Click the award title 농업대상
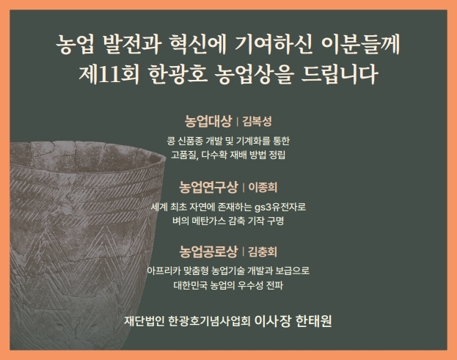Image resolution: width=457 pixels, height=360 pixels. (x=208, y=121)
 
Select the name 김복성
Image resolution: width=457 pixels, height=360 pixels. (x=257, y=122)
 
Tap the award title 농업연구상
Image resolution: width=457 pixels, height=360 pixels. (x=208, y=187)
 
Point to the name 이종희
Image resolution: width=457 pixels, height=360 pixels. (x=263, y=187)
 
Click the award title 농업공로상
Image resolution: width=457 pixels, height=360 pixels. (x=208, y=251)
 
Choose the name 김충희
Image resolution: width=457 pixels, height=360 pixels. (x=263, y=252)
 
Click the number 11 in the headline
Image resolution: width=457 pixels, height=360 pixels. (x=109, y=75)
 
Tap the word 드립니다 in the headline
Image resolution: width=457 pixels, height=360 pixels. (x=340, y=74)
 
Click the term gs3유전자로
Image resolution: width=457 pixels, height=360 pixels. (x=280, y=207)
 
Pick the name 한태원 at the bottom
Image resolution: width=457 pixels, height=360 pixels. (x=314, y=321)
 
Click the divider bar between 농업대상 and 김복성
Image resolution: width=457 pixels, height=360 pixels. (x=237, y=122)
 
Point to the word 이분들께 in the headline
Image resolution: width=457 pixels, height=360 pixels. (x=360, y=45)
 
